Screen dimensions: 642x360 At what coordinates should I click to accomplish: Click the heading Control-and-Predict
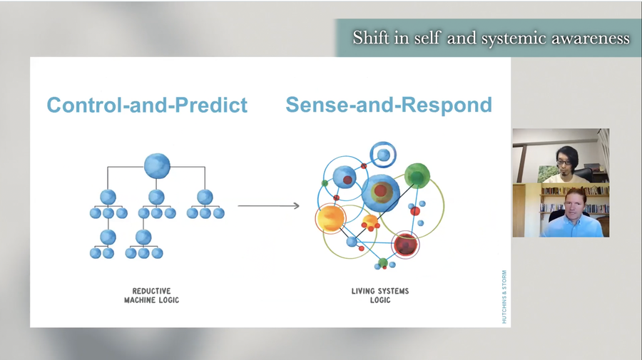click(147, 105)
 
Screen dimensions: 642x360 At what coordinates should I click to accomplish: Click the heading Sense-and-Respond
click(389, 105)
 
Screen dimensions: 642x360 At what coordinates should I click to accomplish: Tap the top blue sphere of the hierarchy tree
click(157, 165)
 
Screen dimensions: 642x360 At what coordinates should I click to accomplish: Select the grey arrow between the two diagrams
click(269, 206)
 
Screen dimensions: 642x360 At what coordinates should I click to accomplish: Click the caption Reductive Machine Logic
click(151, 295)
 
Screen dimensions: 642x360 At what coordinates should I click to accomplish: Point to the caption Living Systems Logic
click(380, 295)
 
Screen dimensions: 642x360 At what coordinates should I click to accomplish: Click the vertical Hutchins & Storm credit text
click(504, 297)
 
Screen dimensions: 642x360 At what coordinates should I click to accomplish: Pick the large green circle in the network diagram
click(417, 175)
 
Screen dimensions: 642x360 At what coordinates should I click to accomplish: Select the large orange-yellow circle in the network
click(330, 218)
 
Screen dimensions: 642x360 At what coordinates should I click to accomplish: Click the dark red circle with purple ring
click(405, 245)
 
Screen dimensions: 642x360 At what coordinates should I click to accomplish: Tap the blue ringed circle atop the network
click(383, 155)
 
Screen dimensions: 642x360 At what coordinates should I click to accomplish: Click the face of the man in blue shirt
click(575, 205)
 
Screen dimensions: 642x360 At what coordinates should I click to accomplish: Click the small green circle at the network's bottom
click(383, 262)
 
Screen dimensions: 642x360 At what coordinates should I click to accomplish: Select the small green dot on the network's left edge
click(325, 183)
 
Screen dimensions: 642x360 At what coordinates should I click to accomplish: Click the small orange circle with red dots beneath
click(370, 221)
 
